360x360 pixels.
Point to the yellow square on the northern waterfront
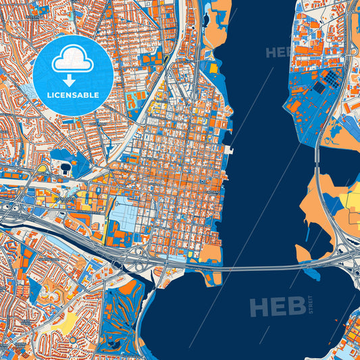(x=213, y=68)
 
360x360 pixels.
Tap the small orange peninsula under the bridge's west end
(x=211, y=253)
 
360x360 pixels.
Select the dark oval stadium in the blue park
(x=65, y=166)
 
